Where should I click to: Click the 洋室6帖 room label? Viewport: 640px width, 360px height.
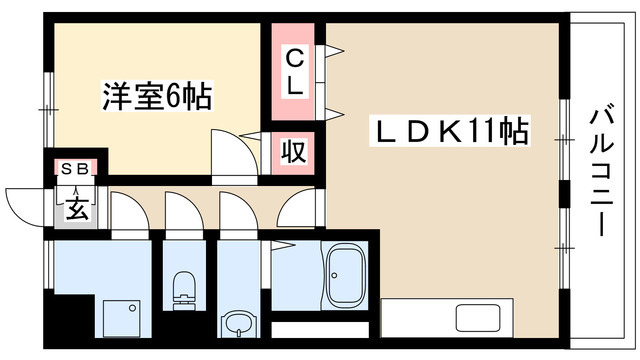[156, 97]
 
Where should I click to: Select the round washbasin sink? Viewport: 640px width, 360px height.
[237, 326]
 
